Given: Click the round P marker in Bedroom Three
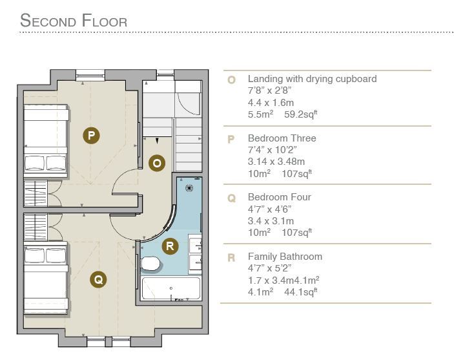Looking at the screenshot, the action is point(91,135).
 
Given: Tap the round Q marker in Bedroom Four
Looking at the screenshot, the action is point(98,280).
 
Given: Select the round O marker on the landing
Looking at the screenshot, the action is point(157,163).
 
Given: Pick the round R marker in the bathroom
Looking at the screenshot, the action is point(170,246).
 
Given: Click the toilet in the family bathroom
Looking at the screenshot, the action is point(150,264).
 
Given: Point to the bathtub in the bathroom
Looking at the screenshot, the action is point(170,288).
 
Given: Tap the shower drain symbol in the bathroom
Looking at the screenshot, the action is point(189,188).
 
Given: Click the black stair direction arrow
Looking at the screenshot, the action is point(157,141).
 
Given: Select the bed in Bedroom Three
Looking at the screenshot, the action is point(46,141).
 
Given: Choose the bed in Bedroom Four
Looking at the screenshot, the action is point(46,279).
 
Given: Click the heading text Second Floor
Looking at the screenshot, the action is point(74,21).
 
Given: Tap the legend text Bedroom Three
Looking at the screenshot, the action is point(282,138).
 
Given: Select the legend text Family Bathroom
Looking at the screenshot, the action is point(285,257).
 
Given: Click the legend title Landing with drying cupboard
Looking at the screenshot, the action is point(312,79).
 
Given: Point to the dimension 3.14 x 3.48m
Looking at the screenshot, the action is point(276,162).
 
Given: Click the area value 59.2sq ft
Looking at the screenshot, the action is point(300,114).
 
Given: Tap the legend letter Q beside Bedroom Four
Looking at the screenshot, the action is point(232,198).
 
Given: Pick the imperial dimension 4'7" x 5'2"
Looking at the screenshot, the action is point(269,268).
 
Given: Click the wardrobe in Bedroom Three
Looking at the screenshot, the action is point(36,193).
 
